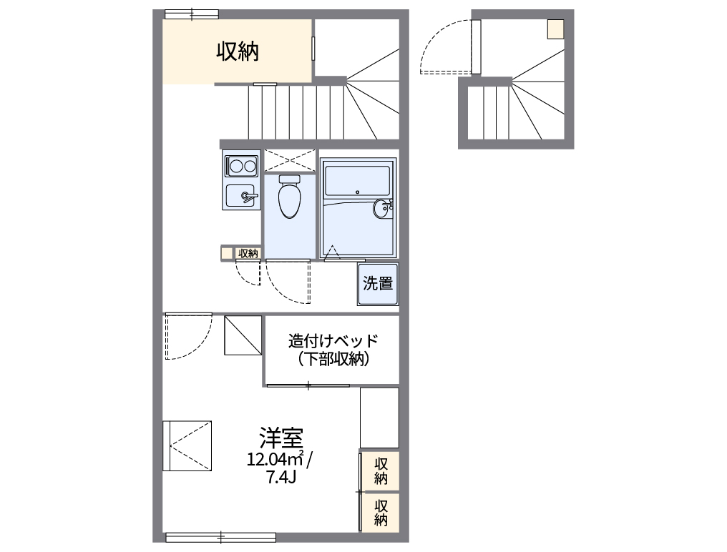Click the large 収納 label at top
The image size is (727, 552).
coord(238,51)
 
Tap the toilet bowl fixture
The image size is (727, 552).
coord(290,197)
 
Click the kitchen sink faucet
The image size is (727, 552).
coord(248,195)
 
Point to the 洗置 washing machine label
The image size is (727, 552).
coord(378,284)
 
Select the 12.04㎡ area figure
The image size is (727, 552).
coord(275,459)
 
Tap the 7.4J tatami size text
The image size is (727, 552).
coord(281,478)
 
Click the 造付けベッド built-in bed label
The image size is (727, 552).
coord(333,340)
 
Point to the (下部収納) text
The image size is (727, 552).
coord(333,360)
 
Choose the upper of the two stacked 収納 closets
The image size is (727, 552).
coord(380,470)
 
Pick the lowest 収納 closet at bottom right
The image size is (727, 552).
coord(380,511)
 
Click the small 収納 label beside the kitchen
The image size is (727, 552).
coord(248,252)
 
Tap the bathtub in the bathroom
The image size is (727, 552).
coord(356,180)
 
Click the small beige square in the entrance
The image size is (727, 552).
coord(556,29)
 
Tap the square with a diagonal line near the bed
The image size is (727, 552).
coord(243,335)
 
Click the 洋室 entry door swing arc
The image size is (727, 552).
coord(187,336)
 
